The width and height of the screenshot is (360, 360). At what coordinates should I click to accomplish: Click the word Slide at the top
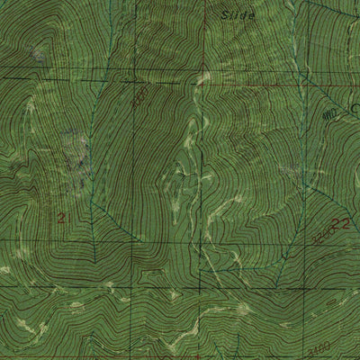point(238,15)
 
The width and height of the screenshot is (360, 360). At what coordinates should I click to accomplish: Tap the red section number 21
point(62,218)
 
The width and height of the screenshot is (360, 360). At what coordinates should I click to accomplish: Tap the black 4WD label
point(329,113)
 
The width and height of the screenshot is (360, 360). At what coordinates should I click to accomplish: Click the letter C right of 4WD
point(354,110)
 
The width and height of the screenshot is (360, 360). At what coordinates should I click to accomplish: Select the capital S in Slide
point(223,15)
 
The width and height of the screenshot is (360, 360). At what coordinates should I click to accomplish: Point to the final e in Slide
point(252,15)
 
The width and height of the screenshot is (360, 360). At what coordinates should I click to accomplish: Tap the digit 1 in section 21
point(66,218)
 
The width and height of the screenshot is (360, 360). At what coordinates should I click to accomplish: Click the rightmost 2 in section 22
point(346,222)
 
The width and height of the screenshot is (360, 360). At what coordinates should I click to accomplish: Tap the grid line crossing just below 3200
point(306,243)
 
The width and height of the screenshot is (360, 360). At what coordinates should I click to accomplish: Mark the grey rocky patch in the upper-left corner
point(37,54)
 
